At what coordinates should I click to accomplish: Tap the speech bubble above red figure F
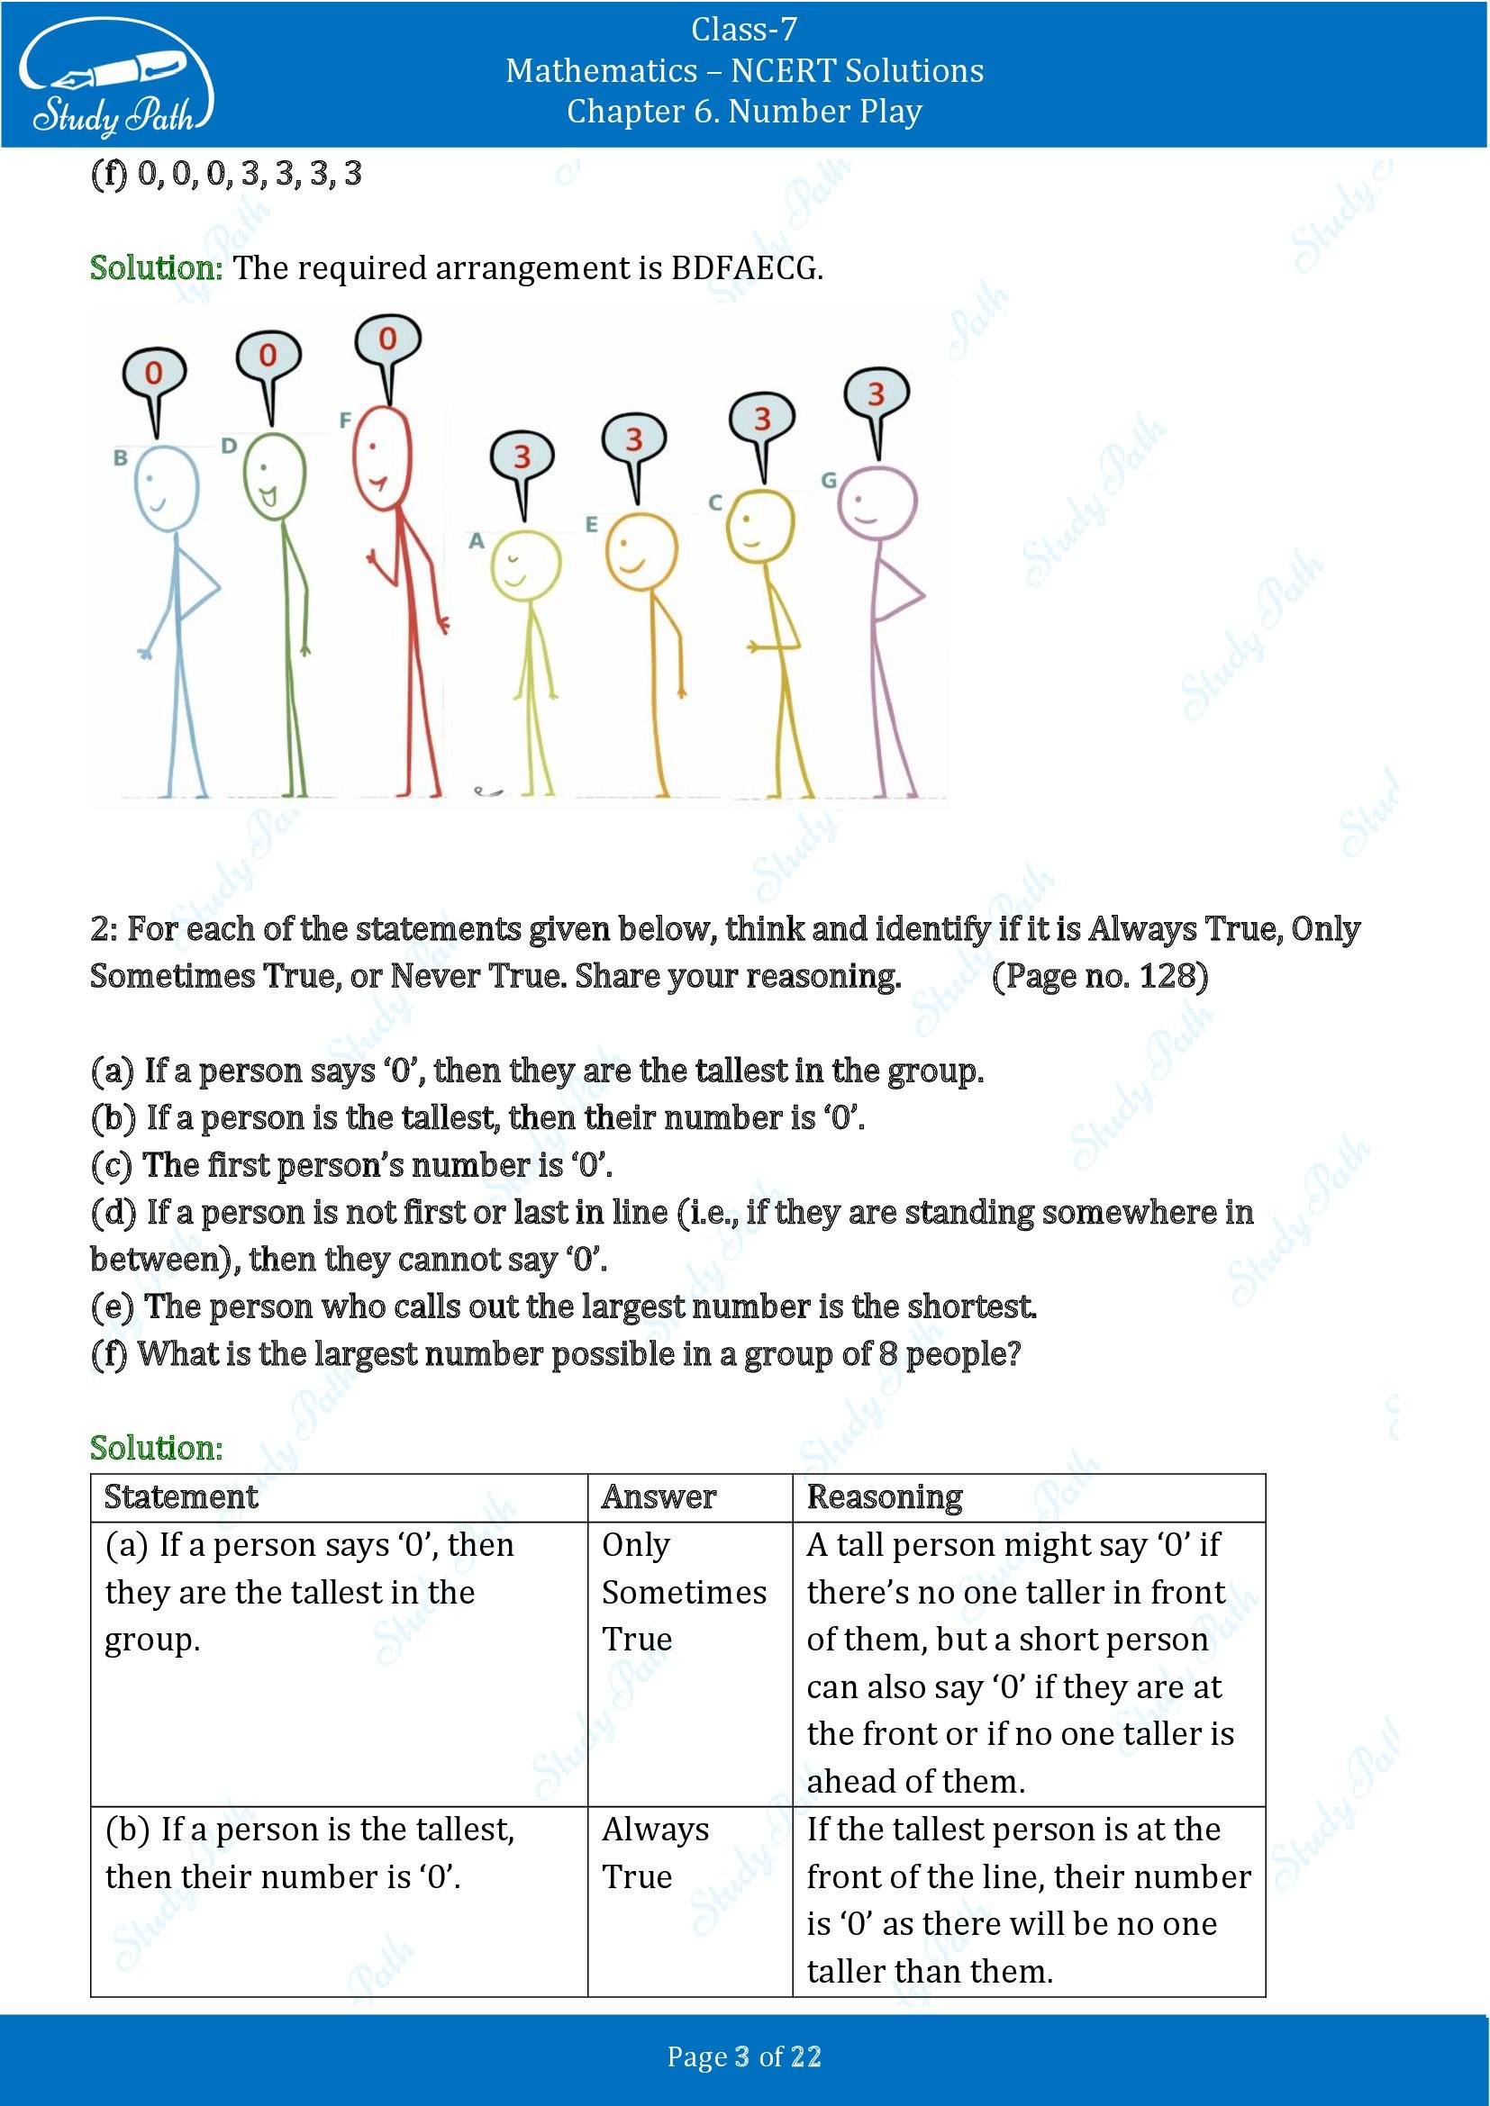(387, 341)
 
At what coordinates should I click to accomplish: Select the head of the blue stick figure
(166, 487)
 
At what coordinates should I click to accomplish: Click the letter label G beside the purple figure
(829, 480)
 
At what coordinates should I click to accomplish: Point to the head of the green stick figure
(275, 478)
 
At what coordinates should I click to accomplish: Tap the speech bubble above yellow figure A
(522, 456)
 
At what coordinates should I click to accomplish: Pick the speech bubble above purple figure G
(876, 394)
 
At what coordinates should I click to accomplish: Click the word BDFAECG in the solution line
(745, 268)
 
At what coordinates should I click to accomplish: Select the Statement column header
(181, 1497)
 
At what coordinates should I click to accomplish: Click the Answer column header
(659, 1497)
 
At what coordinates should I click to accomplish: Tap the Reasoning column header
(885, 1497)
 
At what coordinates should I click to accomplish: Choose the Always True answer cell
(655, 1854)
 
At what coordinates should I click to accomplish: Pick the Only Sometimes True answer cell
(684, 1593)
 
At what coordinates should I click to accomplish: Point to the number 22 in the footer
(805, 2057)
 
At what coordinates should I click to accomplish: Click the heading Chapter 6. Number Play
(744, 112)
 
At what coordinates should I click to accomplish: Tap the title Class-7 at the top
(744, 31)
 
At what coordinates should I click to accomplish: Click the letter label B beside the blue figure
(120, 457)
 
